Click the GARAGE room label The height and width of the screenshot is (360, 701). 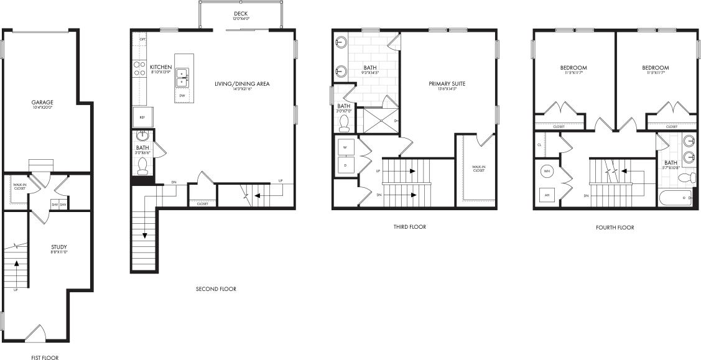pos(43,102)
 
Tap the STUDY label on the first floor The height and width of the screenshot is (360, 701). pos(59,246)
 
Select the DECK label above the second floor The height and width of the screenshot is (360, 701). pos(240,14)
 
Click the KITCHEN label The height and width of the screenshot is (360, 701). pos(160,67)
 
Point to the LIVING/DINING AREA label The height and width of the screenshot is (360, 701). pos(242,84)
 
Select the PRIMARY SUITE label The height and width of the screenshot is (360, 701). pos(447,84)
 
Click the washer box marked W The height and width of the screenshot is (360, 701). pos(345,148)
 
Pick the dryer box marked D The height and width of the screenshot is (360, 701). pos(345,165)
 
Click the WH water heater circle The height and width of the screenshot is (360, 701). pos(547,171)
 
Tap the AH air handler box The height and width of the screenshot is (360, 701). pos(547,195)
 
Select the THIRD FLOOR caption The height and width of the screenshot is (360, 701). pos(410,227)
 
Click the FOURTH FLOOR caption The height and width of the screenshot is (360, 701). pos(615,228)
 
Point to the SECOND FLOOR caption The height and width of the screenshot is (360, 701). pos(216,289)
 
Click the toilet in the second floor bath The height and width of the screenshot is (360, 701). pos(142,165)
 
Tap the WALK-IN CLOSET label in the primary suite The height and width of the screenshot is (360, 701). pos(478,168)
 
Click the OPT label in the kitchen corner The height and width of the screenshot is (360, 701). pos(142,39)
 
